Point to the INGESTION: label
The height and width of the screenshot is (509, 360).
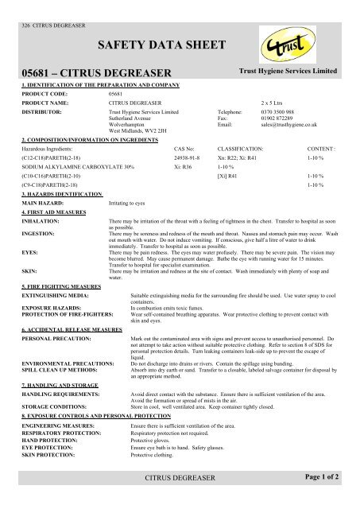32,235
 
